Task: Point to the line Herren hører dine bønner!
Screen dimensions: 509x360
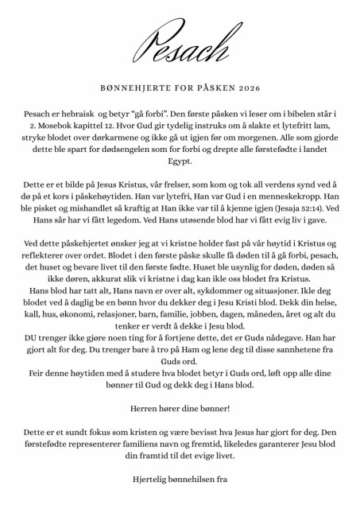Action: pyautogui.click(x=180, y=410)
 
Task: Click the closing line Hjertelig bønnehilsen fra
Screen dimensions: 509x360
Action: pyautogui.click(x=180, y=479)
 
